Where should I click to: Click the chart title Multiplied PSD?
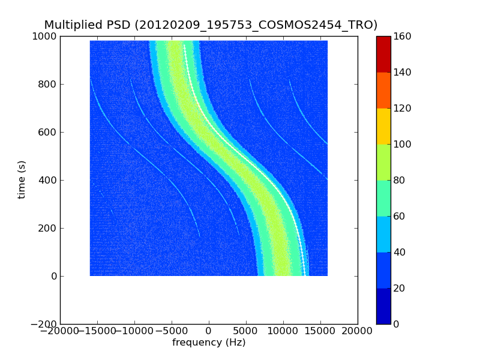(211, 25)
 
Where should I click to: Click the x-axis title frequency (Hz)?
(209, 343)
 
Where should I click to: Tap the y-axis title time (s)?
(22, 179)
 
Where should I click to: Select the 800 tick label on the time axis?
(47, 84)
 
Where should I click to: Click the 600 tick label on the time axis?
(47, 132)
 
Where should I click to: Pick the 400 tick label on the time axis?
(47, 180)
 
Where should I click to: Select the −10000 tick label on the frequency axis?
(134, 331)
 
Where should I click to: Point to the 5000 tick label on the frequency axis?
(246, 331)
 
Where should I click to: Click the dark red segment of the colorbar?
(383, 54)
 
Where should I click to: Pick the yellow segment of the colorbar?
(383, 126)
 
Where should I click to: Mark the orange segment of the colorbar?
(383, 90)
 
